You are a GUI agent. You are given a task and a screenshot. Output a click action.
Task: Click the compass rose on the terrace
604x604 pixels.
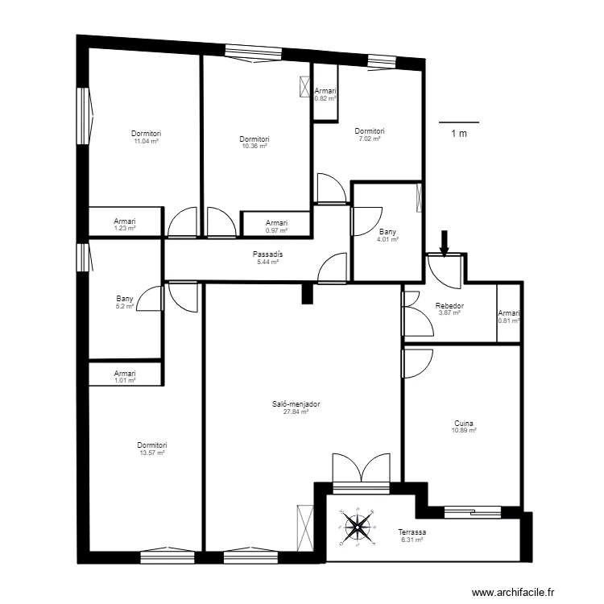[x=358, y=527]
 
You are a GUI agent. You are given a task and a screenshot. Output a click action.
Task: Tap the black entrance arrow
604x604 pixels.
[x=445, y=243]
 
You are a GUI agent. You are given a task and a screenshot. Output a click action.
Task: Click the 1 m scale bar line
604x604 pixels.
[x=459, y=122]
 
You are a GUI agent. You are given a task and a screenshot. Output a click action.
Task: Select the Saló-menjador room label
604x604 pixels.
[x=296, y=404]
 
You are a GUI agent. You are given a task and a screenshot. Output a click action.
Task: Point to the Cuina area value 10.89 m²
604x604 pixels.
[x=464, y=430]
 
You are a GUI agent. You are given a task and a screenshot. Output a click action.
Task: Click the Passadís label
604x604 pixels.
[x=267, y=254]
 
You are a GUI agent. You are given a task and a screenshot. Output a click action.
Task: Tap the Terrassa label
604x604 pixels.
[x=412, y=532]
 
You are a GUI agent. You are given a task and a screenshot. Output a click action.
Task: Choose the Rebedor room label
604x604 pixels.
[x=449, y=305]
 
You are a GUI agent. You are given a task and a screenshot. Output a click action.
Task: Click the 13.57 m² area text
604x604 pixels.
[x=152, y=453]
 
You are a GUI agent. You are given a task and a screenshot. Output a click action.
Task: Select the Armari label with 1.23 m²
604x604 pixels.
[x=125, y=221]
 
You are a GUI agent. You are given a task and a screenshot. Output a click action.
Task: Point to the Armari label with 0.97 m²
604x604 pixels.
[x=276, y=222]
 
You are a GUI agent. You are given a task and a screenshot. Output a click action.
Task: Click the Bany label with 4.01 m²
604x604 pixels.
[x=387, y=232]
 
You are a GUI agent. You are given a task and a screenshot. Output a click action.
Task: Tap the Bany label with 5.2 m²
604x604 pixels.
[x=125, y=299]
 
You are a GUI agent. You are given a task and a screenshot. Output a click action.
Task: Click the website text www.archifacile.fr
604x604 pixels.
[x=513, y=592]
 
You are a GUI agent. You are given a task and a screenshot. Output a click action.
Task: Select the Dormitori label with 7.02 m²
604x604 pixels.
[x=370, y=131]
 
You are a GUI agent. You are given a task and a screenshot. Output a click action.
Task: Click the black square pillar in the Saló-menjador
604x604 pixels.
[x=307, y=293]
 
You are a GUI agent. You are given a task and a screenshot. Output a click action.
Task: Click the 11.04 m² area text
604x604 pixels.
[x=147, y=141]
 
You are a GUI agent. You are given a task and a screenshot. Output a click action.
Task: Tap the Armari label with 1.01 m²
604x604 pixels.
[x=125, y=373]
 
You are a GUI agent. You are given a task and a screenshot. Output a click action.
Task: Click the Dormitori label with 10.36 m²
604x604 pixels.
[x=254, y=139]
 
